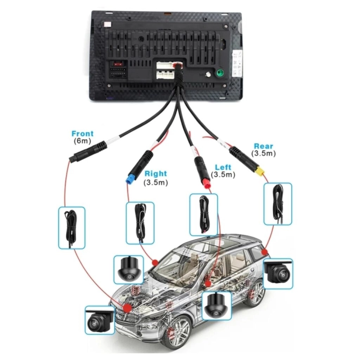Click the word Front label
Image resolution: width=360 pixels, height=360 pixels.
pyautogui.click(x=82, y=134)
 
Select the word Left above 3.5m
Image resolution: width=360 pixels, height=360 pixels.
pyautogui.click(x=223, y=167)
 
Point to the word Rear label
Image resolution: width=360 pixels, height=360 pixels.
pyautogui.click(x=263, y=146)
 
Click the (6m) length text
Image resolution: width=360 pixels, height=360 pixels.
pyautogui.click(x=82, y=141)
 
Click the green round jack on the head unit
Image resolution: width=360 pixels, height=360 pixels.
pyautogui.click(x=219, y=74)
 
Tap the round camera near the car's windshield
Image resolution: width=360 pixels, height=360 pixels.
pyautogui.click(x=127, y=269)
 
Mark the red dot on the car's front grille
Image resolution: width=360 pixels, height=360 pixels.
pyautogui.click(x=127, y=307)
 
